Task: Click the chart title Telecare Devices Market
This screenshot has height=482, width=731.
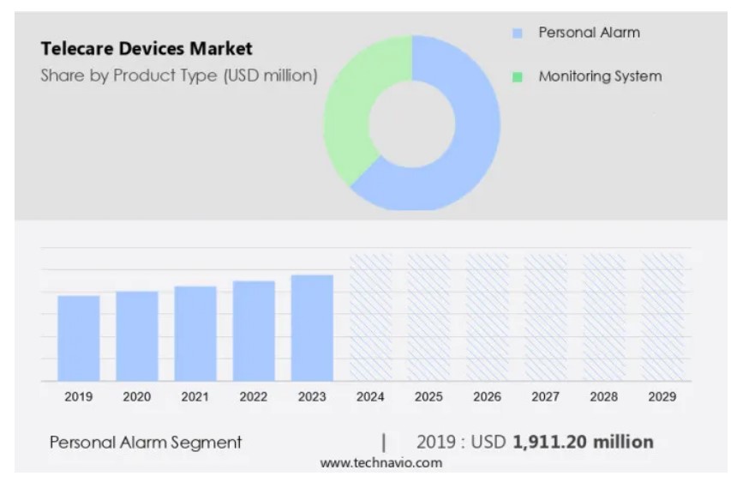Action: point(147,48)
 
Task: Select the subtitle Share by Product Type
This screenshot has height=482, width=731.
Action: point(178,75)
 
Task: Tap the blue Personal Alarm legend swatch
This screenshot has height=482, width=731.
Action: point(517,33)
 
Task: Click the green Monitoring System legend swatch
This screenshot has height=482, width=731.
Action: point(517,77)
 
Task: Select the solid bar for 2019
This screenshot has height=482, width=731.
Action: point(79,338)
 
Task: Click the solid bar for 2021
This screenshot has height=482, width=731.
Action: point(195,334)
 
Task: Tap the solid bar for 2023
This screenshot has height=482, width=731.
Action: point(312,328)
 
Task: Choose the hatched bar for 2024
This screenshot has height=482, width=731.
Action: point(370,317)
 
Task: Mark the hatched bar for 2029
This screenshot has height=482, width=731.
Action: point(662,317)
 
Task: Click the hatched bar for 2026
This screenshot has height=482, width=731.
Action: point(487,317)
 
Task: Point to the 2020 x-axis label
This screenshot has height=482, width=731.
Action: point(137,397)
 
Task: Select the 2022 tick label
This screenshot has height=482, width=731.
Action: point(254,397)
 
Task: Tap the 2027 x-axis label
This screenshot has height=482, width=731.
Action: point(545,397)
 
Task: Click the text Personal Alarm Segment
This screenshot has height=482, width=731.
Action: point(146,443)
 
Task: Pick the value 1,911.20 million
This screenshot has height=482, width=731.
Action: point(583,443)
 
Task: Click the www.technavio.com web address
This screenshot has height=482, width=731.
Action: point(381,463)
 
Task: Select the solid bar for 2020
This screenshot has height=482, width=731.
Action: point(137,336)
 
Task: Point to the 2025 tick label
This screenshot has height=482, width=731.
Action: point(428,397)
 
